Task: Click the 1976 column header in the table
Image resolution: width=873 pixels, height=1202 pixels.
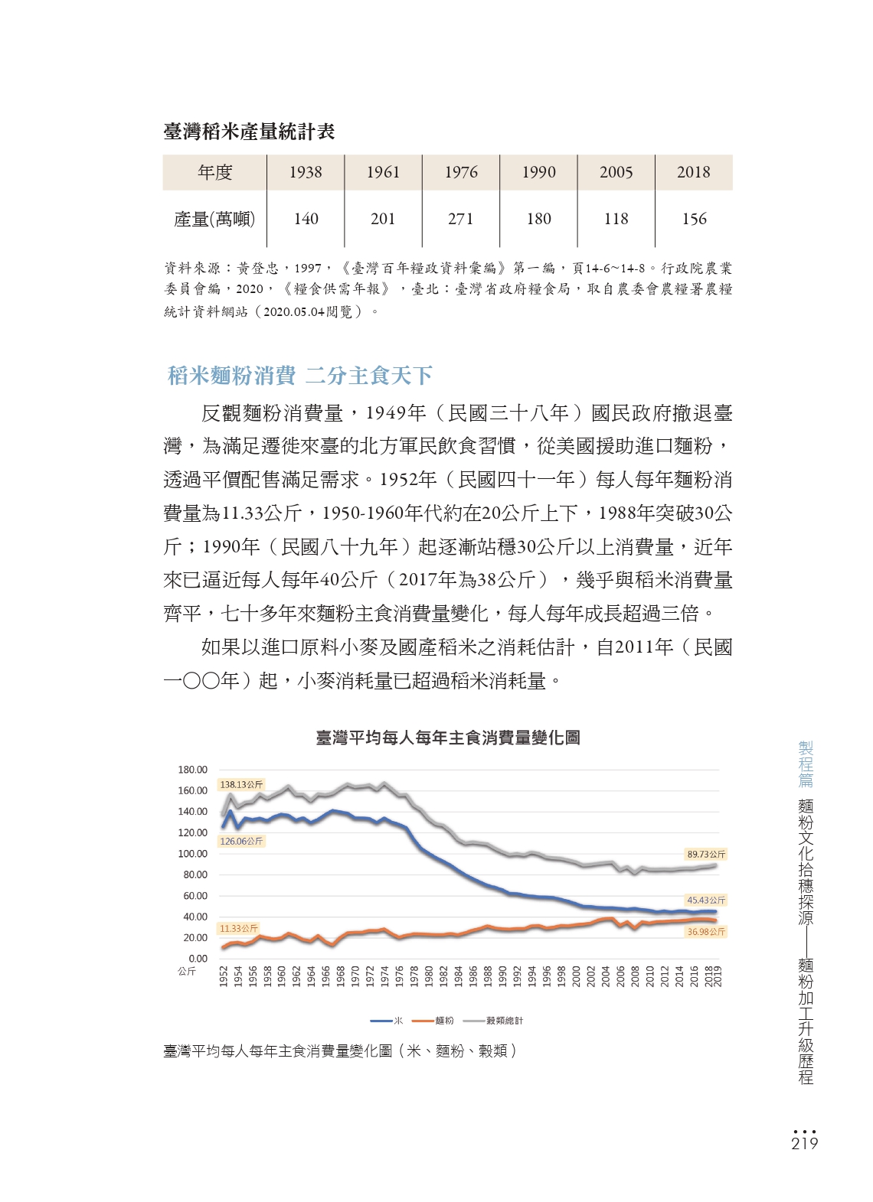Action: [x=461, y=172]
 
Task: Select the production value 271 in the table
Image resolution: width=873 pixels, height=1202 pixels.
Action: [x=460, y=219]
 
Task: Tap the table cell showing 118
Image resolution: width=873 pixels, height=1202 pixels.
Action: [x=616, y=219]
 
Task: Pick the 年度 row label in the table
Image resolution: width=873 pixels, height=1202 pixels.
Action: [x=215, y=172]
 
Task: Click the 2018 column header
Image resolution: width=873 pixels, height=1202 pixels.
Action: [x=693, y=172]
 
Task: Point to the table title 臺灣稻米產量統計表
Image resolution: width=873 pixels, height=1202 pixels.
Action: [x=250, y=132]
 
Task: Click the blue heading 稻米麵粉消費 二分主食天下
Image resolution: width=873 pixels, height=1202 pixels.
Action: [x=299, y=376]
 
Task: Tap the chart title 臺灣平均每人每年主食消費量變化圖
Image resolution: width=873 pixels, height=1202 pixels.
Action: [x=448, y=738]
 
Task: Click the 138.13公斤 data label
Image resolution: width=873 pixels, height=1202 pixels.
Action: [x=241, y=784]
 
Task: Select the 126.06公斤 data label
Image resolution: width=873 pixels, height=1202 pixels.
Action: [x=241, y=841]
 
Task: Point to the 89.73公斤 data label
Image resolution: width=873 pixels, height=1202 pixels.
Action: [x=706, y=854]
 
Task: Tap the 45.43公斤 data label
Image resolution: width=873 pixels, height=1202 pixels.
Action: [x=706, y=900]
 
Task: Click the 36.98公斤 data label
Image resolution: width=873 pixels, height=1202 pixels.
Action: [x=706, y=932]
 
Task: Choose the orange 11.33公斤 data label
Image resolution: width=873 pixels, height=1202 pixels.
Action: [x=238, y=928]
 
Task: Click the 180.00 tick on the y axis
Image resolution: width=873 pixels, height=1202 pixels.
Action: [x=192, y=770]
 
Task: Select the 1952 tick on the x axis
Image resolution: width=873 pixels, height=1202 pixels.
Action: [x=224, y=977]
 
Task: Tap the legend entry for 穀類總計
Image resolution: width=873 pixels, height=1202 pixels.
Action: [x=493, y=1020]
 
